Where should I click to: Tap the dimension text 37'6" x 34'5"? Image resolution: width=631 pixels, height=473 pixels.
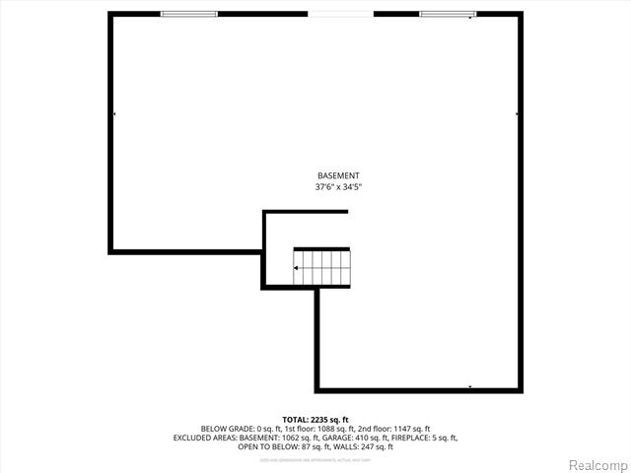[x=338, y=186]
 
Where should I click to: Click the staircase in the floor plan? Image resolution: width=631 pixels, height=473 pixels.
[x=322, y=266]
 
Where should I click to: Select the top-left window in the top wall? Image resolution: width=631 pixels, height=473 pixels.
[x=188, y=14]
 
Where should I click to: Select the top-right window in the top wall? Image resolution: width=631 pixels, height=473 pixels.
[x=448, y=14]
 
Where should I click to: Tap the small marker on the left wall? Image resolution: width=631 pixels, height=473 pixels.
[x=114, y=115]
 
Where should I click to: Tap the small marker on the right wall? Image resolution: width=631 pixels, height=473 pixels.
[x=518, y=115]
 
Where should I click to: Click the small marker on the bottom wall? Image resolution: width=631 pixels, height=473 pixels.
[x=469, y=387]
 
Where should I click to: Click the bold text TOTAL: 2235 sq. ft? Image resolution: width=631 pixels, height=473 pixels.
[x=315, y=420]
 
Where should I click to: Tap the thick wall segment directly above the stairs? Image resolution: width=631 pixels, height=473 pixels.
[x=322, y=248]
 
